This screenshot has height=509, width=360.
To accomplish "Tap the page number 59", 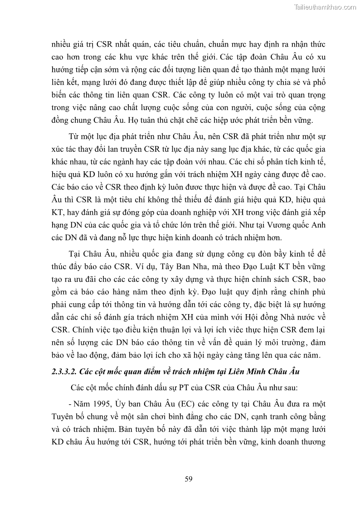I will point(190,479).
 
